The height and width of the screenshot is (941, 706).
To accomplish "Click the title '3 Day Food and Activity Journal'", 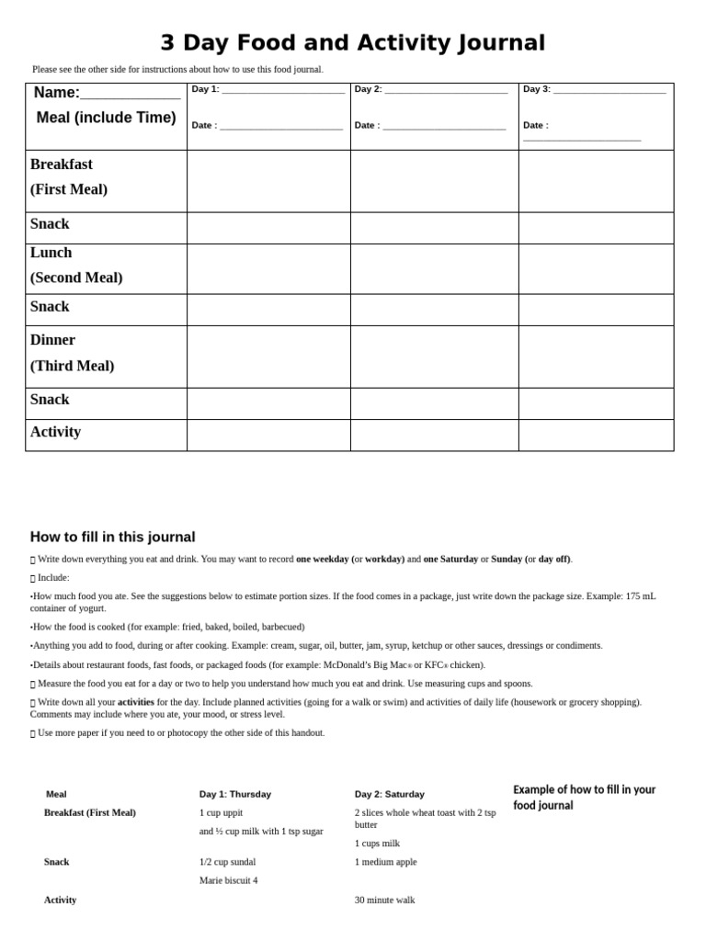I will [352, 43].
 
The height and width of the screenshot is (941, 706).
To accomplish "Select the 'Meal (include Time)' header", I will [106, 118].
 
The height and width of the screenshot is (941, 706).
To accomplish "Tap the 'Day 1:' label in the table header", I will [205, 89].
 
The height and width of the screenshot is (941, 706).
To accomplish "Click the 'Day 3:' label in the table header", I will [537, 89].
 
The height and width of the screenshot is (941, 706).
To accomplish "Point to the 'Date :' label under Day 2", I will [367, 126].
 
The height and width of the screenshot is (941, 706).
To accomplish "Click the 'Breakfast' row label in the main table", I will [62, 164].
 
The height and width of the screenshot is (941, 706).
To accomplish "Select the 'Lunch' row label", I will [51, 253].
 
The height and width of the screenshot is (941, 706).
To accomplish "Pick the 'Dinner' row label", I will [52, 340].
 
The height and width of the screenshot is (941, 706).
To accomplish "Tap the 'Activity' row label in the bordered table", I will [55, 432].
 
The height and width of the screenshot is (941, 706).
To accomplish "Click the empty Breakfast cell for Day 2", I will [434, 181].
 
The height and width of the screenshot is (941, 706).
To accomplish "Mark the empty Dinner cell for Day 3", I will [596, 356].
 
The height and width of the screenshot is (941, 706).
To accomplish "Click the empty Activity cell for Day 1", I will [268, 435].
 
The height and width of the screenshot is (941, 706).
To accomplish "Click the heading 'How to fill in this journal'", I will [112, 538].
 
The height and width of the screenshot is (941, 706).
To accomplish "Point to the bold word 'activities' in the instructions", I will [136, 702].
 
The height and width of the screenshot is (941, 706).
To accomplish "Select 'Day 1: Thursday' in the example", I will [235, 794].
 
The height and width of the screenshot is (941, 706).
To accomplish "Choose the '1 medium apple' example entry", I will [386, 862].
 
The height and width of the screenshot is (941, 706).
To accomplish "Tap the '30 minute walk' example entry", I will [385, 901].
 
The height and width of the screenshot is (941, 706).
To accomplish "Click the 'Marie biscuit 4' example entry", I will [228, 880].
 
